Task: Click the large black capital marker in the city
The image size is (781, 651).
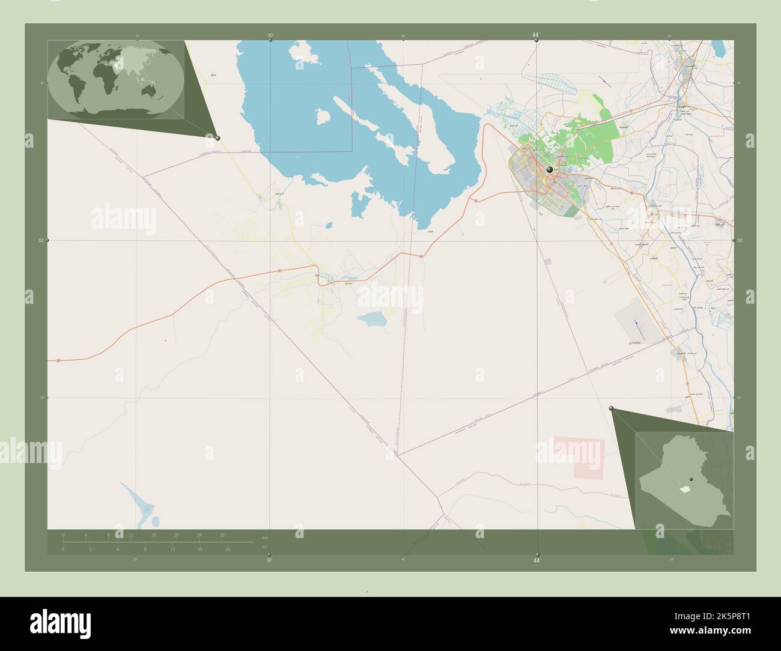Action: coord(549,171)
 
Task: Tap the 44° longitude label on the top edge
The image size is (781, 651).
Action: coord(535,35)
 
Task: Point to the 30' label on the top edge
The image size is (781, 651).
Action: coord(270,35)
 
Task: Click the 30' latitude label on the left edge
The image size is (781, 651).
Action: coord(41,240)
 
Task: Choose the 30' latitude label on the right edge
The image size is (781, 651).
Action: coord(740,240)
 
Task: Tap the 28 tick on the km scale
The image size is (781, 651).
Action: coord(222,534)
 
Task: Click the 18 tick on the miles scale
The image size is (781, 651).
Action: coord(227,549)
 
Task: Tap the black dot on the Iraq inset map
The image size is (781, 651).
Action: coord(691,479)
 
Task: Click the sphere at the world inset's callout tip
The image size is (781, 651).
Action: coord(217,138)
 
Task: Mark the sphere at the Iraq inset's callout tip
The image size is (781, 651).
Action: coord(612,408)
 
